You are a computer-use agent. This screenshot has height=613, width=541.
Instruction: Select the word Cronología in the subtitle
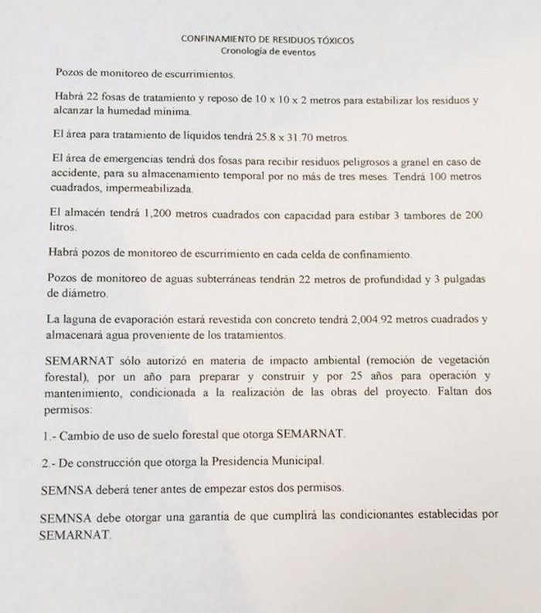click(242, 52)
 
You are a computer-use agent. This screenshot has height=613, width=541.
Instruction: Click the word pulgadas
click(461, 279)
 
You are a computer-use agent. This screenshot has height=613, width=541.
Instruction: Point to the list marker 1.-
click(50, 434)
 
